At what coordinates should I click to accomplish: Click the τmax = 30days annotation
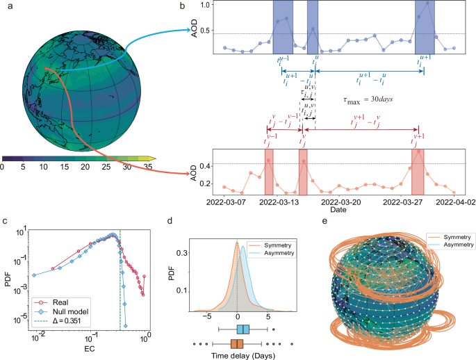tap(368, 99)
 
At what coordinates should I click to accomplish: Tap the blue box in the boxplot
tap(243, 329)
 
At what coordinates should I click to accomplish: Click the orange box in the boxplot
tap(237, 343)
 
